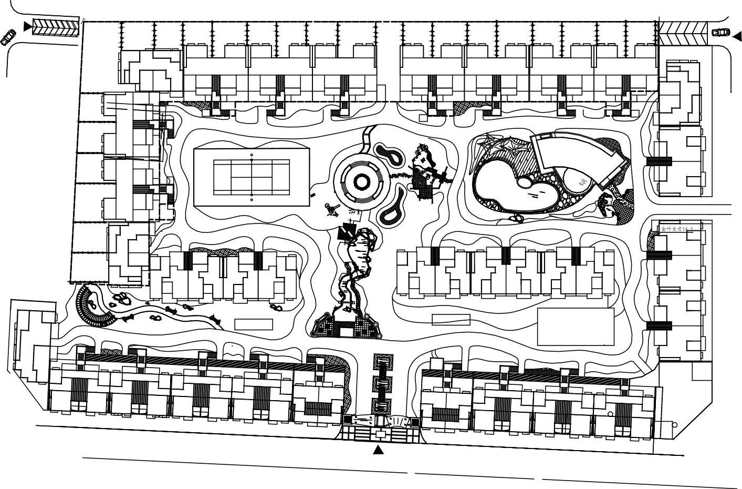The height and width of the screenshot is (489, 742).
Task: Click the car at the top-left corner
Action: click(8, 38)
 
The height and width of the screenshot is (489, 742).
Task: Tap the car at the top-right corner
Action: click(721, 32)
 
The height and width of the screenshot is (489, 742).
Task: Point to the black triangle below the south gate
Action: click(378, 450)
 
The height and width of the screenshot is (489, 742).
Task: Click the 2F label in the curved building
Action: click(583, 183)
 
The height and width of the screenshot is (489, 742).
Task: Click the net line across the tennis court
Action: click(252, 177)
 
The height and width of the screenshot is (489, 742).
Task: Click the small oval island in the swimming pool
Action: click(524, 182)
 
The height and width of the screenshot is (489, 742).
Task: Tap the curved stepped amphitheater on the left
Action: click(92, 308)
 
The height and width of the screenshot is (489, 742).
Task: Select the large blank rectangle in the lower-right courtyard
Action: click(576, 326)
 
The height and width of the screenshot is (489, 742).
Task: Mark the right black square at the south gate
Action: click(415, 422)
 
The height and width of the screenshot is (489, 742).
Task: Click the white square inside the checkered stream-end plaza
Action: click(347, 331)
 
